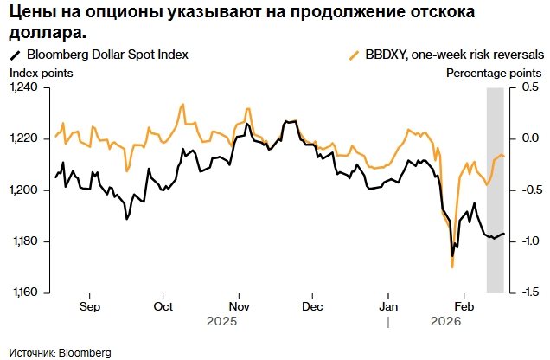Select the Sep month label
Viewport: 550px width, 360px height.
89,306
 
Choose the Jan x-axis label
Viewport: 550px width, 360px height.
389,306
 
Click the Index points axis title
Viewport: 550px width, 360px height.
41,73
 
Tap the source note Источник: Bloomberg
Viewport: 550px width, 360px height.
61,353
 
